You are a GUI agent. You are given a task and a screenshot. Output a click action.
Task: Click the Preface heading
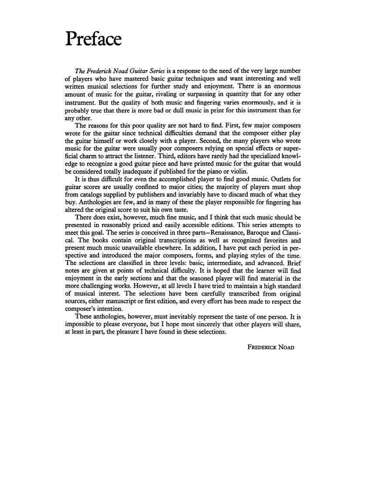tap(93, 39)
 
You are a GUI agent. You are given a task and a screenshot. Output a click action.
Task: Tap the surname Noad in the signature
tap(285, 348)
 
